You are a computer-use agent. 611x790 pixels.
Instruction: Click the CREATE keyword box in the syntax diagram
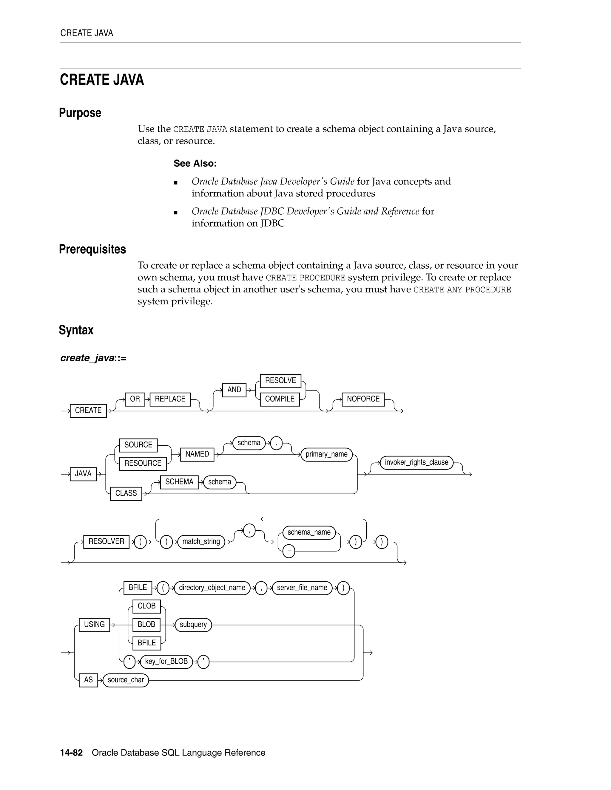click(x=88, y=411)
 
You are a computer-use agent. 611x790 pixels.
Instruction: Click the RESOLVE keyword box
click(x=280, y=380)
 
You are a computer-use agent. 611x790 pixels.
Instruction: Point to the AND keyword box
click(x=234, y=390)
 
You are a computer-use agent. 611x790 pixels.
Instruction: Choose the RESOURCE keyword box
click(x=143, y=463)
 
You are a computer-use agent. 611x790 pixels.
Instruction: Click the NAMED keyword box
click(x=197, y=454)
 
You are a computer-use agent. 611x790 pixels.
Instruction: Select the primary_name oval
click(x=326, y=454)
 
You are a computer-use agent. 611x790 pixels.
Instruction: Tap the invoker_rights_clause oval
click(x=416, y=462)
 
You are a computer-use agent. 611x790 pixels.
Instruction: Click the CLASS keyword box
click(x=126, y=493)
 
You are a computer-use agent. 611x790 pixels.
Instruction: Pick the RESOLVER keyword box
click(x=106, y=541)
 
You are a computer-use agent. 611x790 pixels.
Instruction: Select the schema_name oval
click(x=309, y=532)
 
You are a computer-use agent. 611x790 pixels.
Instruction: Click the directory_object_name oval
click(x=212, y=588)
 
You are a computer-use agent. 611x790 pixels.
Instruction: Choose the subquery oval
click(x=193, y=625)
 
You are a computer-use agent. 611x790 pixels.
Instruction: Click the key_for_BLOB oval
click(x=166, y=662)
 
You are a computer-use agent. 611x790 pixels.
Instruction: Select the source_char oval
click(x=126, y=680)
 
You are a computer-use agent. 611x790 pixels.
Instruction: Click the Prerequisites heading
click(x=92, y=249)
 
